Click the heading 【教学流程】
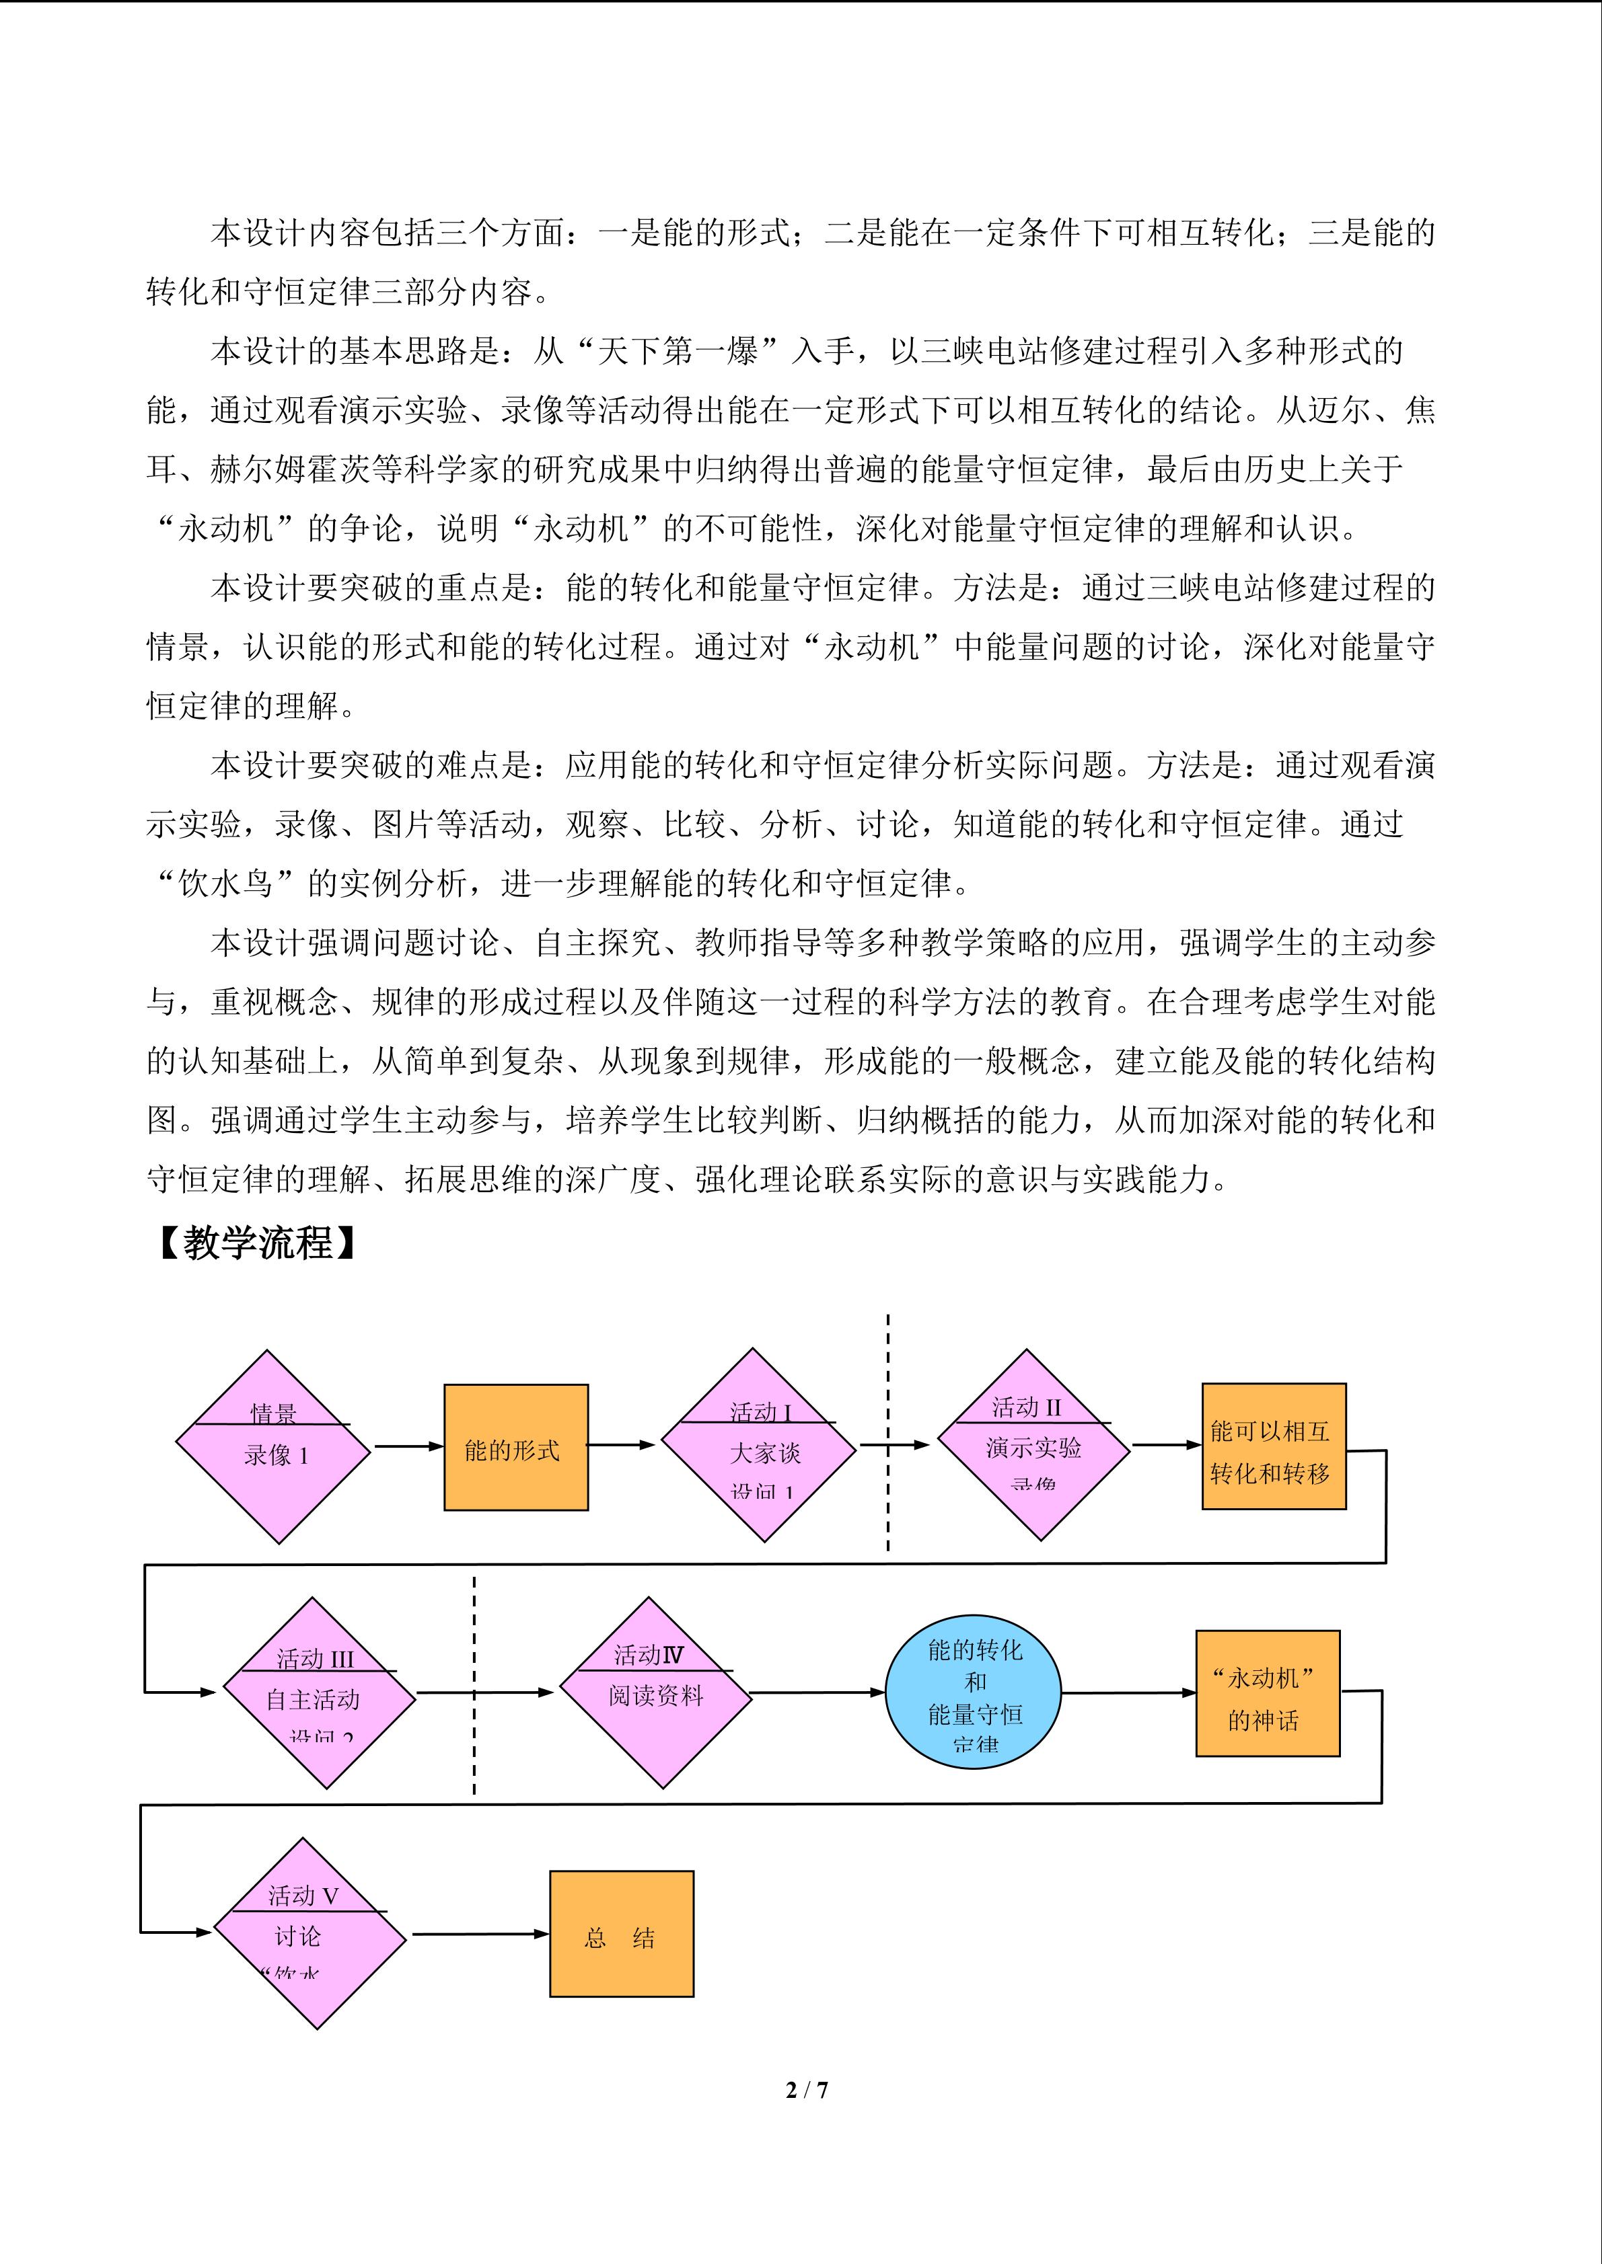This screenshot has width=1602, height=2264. point(258,1243)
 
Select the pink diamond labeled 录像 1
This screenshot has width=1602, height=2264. point(273,1446)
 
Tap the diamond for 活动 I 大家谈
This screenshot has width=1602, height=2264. point(758,1446)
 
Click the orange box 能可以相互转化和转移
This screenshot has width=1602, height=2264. point(1274,1446)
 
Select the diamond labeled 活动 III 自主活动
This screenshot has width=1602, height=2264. point(320,1693)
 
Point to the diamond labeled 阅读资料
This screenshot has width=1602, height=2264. point(656,1693)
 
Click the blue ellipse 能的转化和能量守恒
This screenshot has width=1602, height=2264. point(973,1693)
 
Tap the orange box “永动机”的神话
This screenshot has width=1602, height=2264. point(1268,1693)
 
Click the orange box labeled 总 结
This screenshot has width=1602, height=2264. point(622,1935)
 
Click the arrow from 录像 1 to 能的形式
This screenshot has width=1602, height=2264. point(408,1446)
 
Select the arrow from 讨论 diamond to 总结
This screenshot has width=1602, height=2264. point(480,1935)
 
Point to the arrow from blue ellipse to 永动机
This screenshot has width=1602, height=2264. point(1128,1693)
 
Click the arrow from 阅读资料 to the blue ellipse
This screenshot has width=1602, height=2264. point(817,1693)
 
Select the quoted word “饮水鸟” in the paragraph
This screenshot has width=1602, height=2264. point(226,884)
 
